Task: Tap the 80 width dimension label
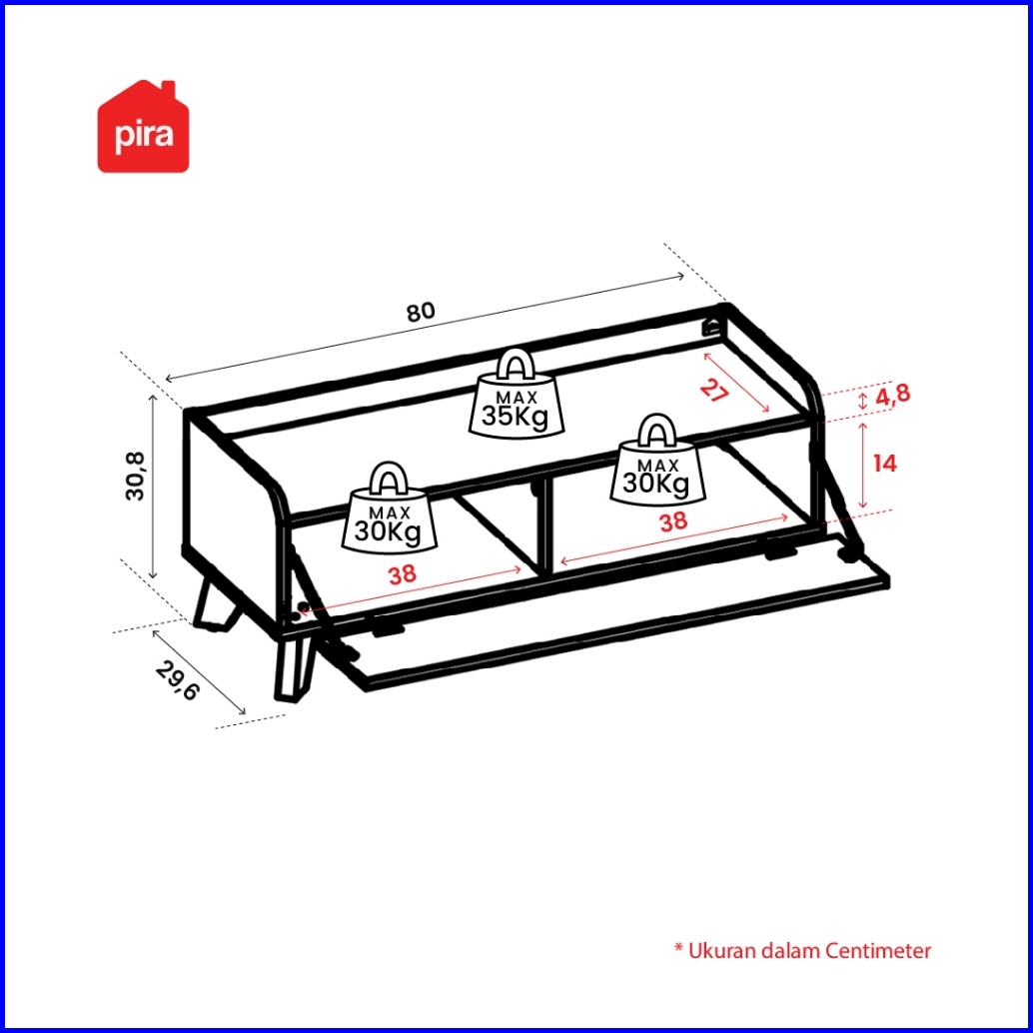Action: (421, 312)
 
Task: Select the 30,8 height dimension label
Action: (135, 476)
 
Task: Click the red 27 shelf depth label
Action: (714, 390)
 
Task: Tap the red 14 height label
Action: (885, 464)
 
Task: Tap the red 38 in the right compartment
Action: (673, 521)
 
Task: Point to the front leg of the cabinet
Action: (293, 665)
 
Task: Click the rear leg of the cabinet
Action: (215, 604)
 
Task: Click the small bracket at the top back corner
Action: (711, 326)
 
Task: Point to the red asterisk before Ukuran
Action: (678, 947)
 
